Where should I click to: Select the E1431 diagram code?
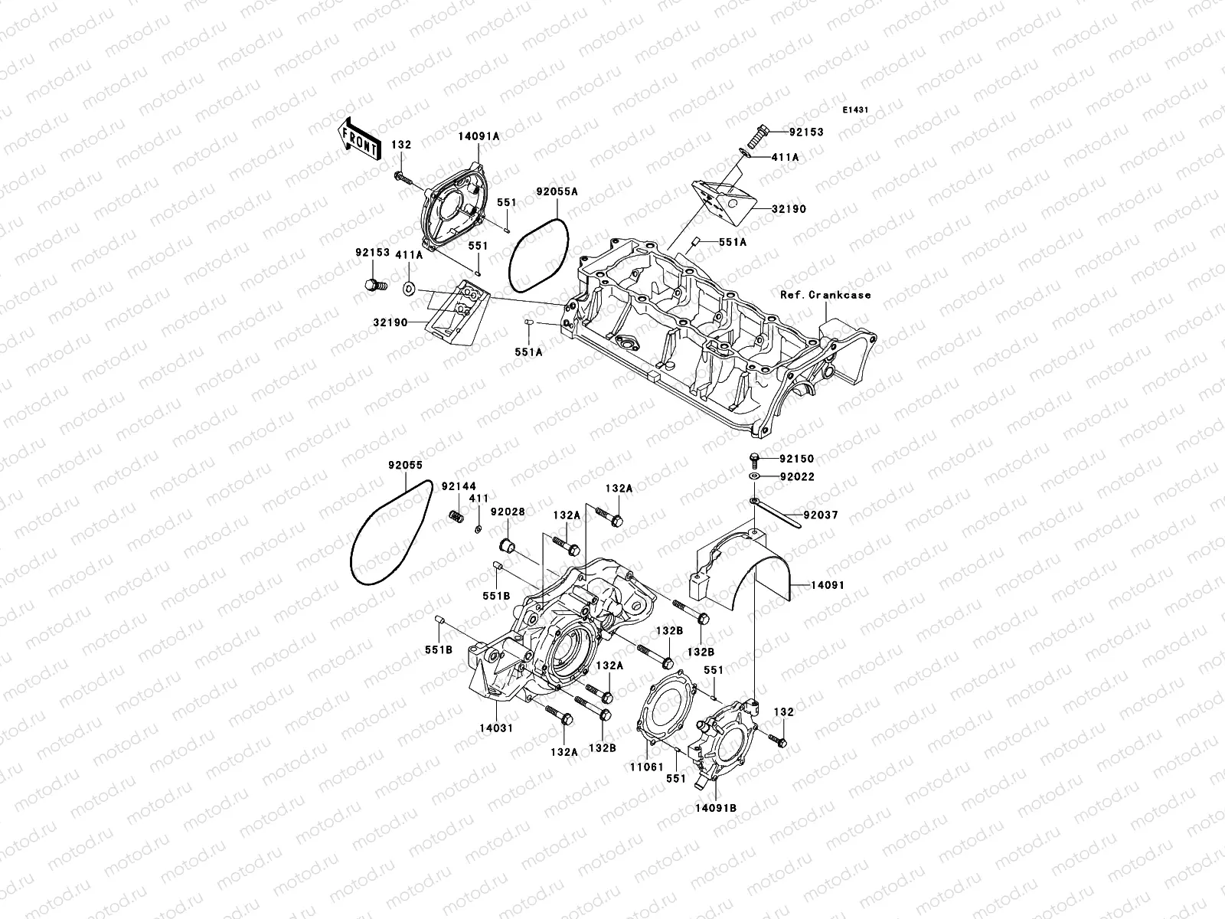coord(856,110)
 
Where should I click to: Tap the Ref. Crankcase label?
coord(825,295)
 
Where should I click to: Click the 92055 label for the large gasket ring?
coord(405,465)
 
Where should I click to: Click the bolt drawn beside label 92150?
coord(753,459)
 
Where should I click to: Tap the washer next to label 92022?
coord(754,477)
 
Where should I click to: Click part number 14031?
coord(497,728)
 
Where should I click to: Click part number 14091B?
coord(717,807)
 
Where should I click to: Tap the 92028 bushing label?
coord(508,512)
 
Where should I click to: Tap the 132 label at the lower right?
coord(784,712)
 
